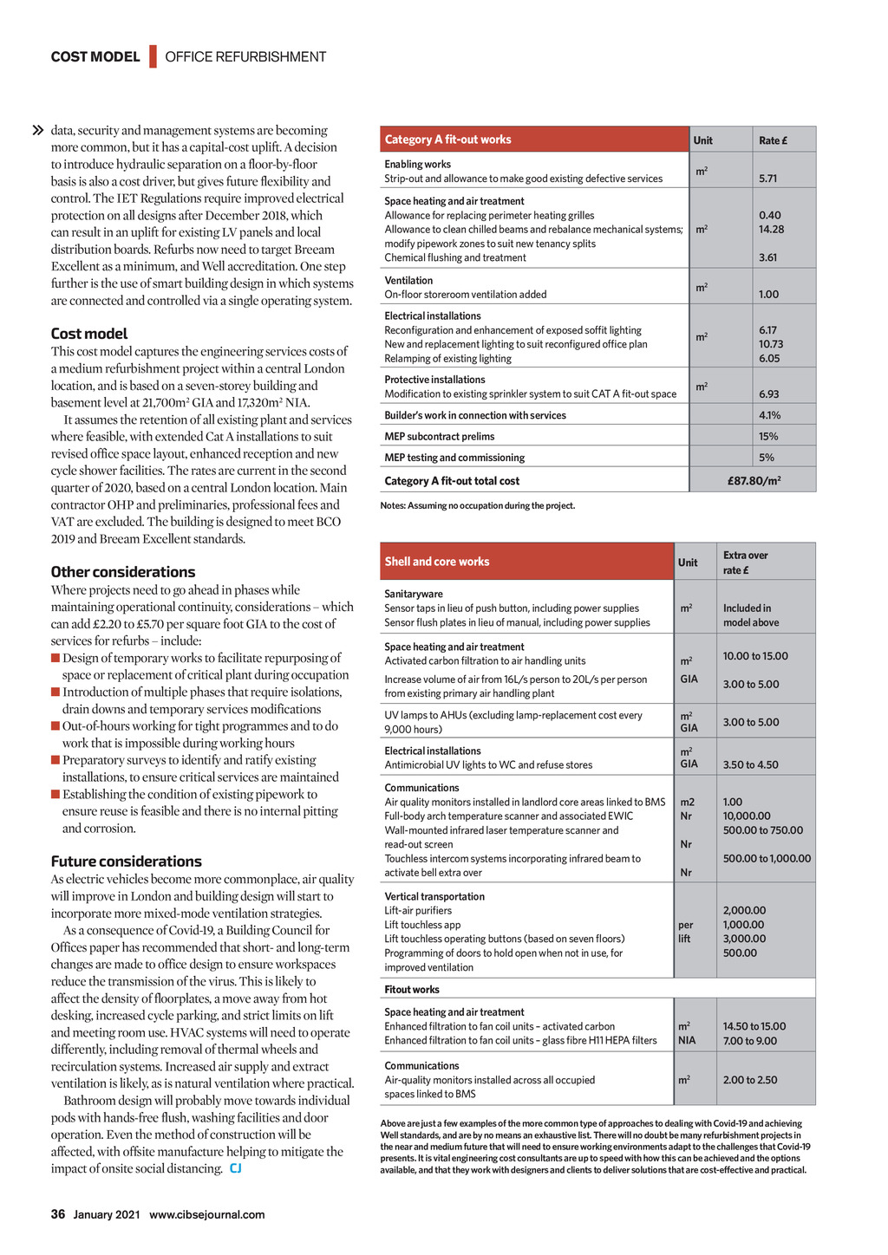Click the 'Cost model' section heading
coord(88,334)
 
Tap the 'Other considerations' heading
coord(122,572)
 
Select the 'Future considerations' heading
coord(126,862)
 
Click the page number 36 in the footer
coord(58,1214)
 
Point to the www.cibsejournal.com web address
coord(206,1214)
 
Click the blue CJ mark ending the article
coord(236,1169)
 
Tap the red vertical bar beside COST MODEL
coord(153,56)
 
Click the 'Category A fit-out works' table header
coord(447,140)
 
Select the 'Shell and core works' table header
coord(437,562)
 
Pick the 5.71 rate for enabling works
coord(767,179)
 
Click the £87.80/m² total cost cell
coord(754,481)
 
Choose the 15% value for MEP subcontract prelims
coord(767,437)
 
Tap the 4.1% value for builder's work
coord(769,415)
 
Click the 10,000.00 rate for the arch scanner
coord(747,816)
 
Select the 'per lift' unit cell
coord(685,932)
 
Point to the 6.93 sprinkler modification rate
coord(768,394)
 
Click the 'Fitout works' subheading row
coord(412,990)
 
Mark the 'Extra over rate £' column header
coord(745,562)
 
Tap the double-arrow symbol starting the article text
coord(37,131)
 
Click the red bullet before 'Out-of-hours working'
coord(55,726)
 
